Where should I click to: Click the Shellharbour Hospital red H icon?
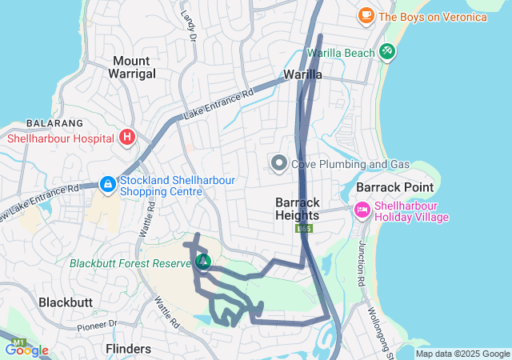point(126,138)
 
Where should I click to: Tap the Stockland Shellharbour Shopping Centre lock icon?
point(107,185)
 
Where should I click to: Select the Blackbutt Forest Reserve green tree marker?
point(203,262)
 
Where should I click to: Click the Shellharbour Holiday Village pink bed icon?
point(362,210)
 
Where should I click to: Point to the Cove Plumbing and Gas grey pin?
point(279,164)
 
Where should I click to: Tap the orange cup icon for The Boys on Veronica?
point(366,15)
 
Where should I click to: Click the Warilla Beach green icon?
point(387,52)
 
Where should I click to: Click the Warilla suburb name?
point(303,74)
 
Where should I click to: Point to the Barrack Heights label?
point(298,209)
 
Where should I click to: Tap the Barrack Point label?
point(395,187)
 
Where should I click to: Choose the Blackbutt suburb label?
point(66,302)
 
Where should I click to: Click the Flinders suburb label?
point(128,349)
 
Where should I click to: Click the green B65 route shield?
point(304,228)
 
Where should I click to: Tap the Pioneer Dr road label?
point(96,325)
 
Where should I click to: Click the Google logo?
point(27,350)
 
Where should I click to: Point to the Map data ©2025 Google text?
point(462,354)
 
